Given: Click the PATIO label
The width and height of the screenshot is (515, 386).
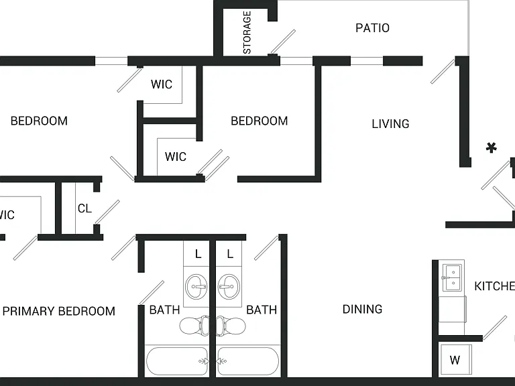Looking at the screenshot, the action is (372, 28).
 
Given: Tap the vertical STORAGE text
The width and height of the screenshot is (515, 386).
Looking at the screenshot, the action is (247, 32).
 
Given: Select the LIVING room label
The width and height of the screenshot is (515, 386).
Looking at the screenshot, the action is (390, 124).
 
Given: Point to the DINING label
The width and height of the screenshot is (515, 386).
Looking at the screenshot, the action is (362, 309).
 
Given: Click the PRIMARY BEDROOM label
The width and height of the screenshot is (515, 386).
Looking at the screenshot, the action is (59, 311).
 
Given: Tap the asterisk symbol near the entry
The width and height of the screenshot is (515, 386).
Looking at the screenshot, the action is (491, 148).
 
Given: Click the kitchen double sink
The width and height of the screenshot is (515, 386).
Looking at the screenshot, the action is (452, 277).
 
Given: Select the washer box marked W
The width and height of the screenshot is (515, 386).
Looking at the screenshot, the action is (455, 360).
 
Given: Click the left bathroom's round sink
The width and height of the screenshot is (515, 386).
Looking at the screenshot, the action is (196, 287).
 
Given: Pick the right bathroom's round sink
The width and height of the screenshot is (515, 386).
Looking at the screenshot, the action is (229, 287).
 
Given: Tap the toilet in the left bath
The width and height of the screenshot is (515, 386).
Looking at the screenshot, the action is (194, 326).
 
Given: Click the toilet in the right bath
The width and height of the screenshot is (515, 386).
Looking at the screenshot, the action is (231, 326).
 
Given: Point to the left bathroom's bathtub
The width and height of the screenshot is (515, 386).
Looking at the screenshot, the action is (177, 361).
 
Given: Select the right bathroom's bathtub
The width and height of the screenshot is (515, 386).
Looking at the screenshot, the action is (248, 361).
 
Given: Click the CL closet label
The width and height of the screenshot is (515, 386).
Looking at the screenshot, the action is (84, 208).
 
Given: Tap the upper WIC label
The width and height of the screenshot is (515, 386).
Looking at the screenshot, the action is (162, 84).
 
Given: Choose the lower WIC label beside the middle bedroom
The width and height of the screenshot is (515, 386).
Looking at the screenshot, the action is (176, 157).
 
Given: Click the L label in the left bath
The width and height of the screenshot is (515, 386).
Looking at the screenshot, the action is (198, 254).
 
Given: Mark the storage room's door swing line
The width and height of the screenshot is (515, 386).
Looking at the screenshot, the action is (283, 42).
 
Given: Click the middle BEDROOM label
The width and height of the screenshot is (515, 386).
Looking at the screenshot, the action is (260, 121).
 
